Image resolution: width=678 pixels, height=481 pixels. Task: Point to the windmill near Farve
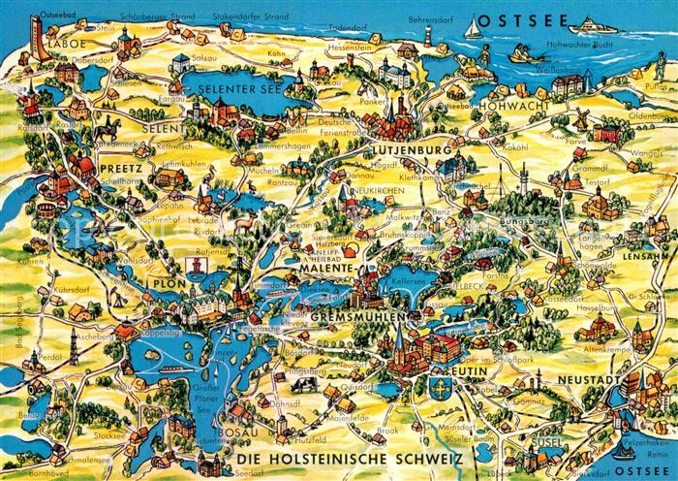coord(579,118)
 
